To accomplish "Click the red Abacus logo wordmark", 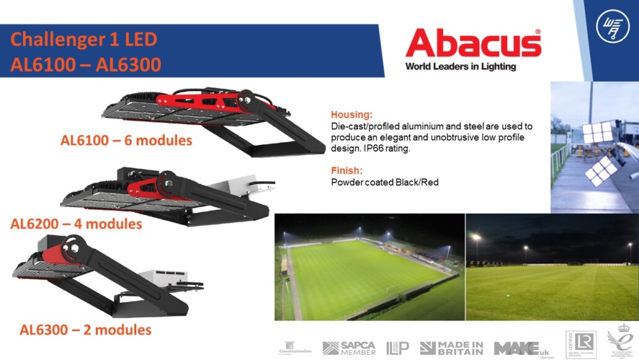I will pos(473,43).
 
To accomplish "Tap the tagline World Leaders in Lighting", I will pos(460,66).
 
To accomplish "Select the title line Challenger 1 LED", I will pos(84,40).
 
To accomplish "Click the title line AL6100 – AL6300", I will pos(85,64).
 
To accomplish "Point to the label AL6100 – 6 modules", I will pos(126,141).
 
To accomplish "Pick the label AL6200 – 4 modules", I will pos(76,223).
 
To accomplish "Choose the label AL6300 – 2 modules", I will pos(85,330).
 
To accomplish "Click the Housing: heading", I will pos(352,115).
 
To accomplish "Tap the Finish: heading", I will pos(347,170).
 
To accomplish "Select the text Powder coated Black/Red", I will pos(385,182).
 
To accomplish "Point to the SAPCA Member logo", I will pos(349,348).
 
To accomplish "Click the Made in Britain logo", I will pos(451,348).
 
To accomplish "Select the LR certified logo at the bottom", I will pos(580,345).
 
